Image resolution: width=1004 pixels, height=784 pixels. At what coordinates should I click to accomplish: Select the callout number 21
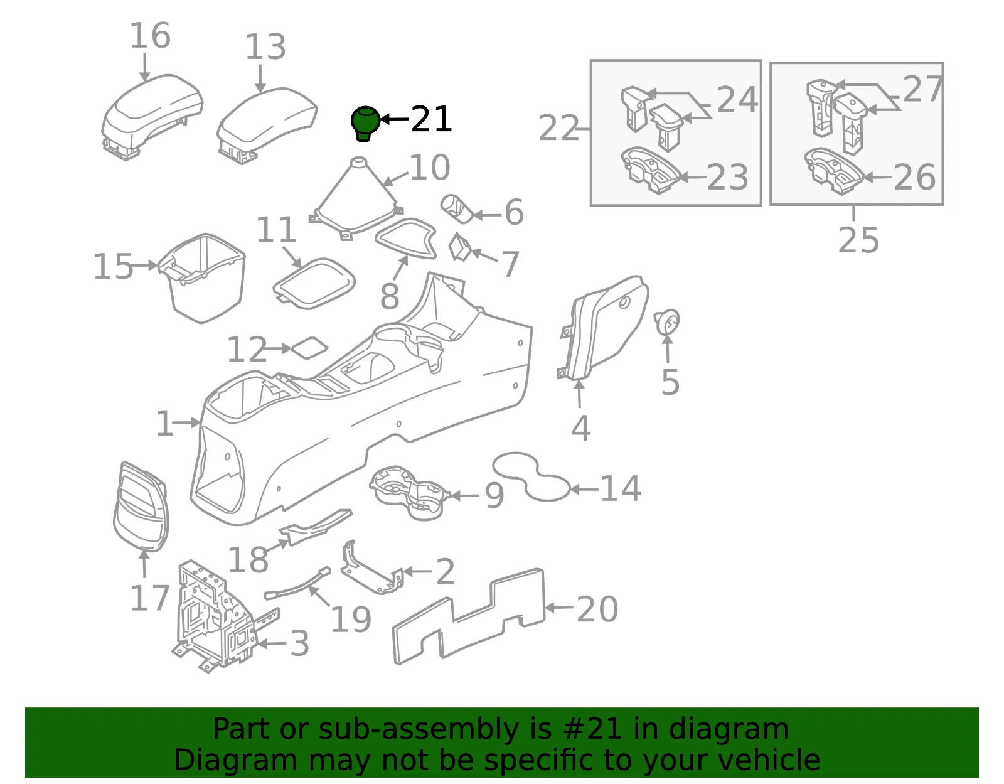click(431, 119)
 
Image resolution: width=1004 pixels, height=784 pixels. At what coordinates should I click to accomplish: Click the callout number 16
click(150, 36)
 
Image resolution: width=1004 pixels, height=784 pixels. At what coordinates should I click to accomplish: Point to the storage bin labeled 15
click(202, 278)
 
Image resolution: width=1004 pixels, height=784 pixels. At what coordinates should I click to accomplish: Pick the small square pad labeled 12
click(309, 348)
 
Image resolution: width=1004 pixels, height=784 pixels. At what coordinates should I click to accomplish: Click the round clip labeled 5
click(666, 321)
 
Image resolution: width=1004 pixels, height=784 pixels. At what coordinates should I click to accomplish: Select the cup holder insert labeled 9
click(409, 492)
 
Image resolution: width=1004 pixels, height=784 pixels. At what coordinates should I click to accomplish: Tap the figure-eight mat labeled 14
click(531, 476)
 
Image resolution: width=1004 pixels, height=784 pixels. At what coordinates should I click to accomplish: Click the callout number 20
click(597, 609)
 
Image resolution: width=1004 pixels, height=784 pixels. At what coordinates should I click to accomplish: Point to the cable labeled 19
click(297, 584)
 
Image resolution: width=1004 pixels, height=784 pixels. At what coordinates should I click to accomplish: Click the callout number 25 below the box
click(858, 240)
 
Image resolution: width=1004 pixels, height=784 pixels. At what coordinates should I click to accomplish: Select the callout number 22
click(558, 128)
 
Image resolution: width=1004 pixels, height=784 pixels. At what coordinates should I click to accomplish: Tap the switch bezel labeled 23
click(651, 170)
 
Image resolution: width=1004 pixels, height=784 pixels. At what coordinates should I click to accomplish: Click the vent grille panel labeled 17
click(141, 507)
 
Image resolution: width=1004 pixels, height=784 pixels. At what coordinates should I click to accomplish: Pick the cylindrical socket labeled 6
click(457, 209)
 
